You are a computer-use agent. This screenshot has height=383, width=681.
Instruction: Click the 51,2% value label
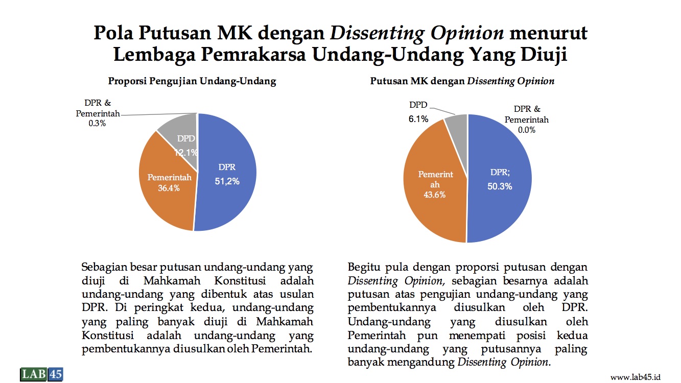(227, 181)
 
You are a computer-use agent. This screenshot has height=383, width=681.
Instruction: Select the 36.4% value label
(169, 188)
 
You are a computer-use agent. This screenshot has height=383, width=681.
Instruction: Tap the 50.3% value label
(500, 186)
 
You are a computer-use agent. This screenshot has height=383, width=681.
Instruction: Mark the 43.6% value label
(434, 195)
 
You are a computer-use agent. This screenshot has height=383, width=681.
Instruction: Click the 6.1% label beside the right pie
(418, 119)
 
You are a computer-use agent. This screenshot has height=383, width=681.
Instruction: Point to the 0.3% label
(97, 124)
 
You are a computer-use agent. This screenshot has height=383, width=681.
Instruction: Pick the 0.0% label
(527, 130)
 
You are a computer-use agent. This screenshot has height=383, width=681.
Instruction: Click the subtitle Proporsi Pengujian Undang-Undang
(192, 81)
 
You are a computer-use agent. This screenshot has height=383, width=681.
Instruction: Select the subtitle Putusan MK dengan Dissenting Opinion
(462, 81)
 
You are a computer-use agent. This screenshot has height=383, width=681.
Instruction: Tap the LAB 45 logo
(42, 374)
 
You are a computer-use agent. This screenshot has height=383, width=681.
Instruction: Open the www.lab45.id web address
(636, 377)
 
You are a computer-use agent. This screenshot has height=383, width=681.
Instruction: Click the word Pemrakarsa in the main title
(253, 55)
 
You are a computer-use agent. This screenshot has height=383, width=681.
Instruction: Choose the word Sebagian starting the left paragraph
(104, 268)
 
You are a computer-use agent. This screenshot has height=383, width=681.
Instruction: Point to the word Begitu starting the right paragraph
(364, 267)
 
